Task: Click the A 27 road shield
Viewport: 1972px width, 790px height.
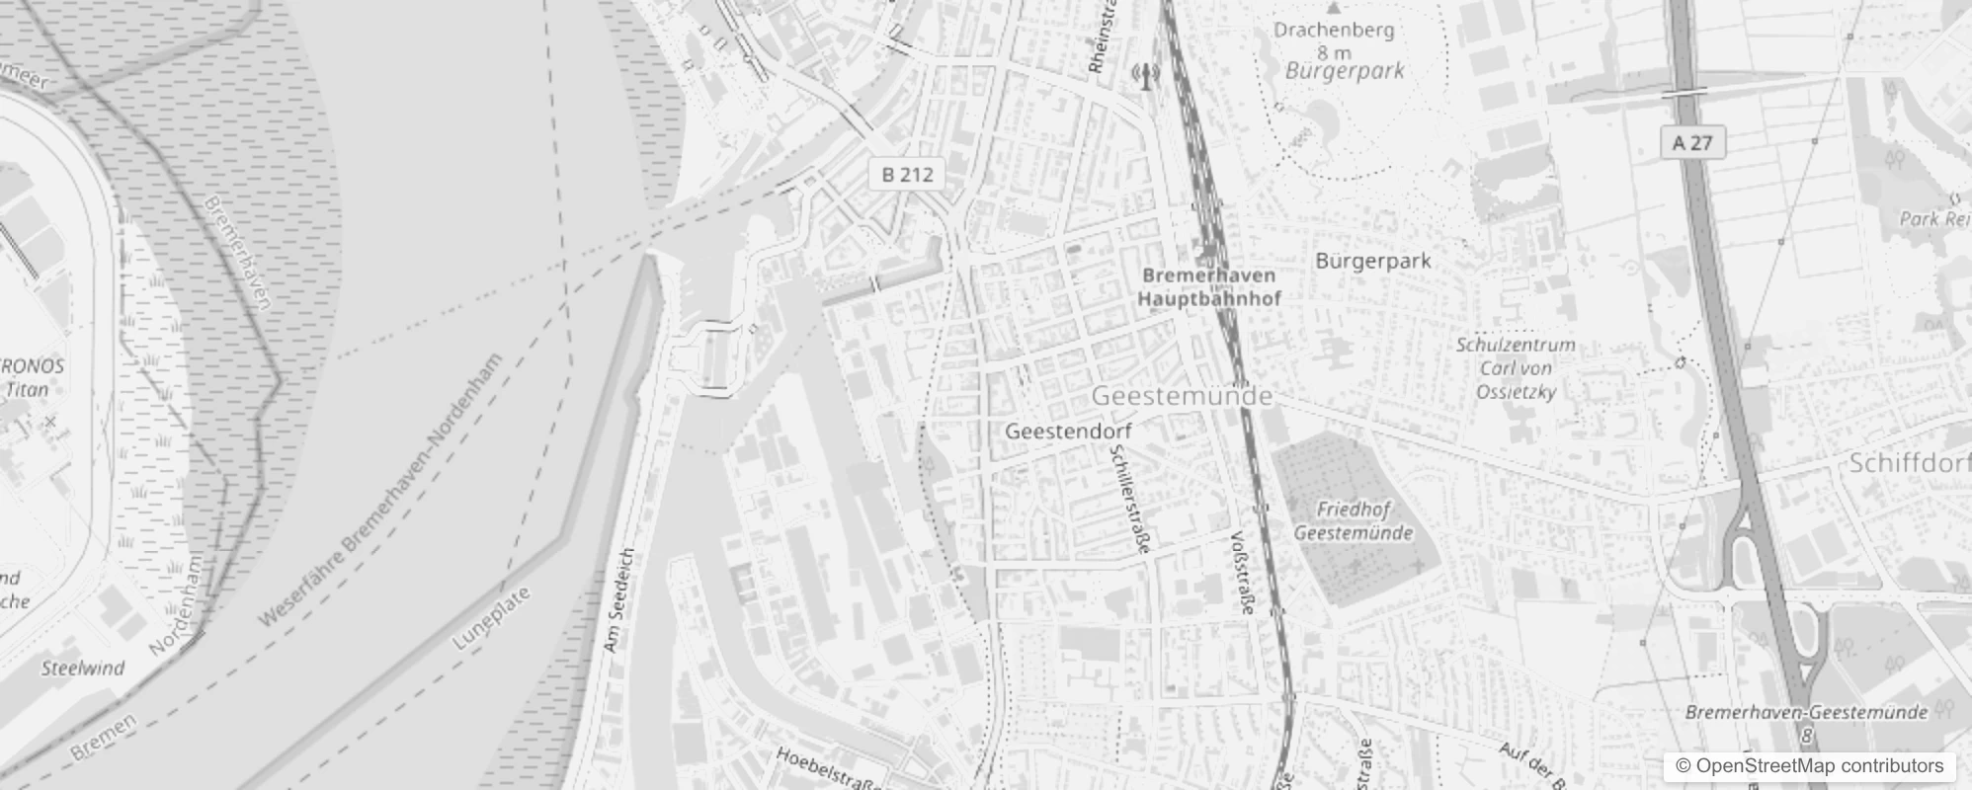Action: click(x=1692, y=143)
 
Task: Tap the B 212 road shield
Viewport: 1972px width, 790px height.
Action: click(x=907, y=175)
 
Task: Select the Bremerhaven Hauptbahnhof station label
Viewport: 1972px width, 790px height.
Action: click(x=1209, y=286)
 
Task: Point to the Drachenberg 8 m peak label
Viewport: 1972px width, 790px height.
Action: click(x=1334, y=40)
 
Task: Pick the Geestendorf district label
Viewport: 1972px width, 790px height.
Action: click(x=1068, y=432)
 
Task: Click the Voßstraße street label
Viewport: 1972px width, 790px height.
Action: click(x=1242, y=573)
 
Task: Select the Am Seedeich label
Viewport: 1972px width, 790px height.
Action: click(x=619, y=600)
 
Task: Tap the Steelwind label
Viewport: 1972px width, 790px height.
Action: click(x=83, y=669)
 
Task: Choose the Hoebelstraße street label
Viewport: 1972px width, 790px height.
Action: click(x=830, y=768)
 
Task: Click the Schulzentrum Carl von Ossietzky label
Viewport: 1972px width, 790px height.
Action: click(x=1516, y=368)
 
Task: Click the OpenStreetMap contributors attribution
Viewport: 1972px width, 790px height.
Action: click(x=1808, y=766)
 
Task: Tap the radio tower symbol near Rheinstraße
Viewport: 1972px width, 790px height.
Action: click(x=1145, y=75)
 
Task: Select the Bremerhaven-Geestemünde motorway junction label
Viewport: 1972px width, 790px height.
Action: click(x=1806, y=713)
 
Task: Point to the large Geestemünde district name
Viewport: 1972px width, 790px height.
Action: click(x=1182, y=396)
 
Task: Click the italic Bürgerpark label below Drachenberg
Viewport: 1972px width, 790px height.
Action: click(x=1345, y=71)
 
